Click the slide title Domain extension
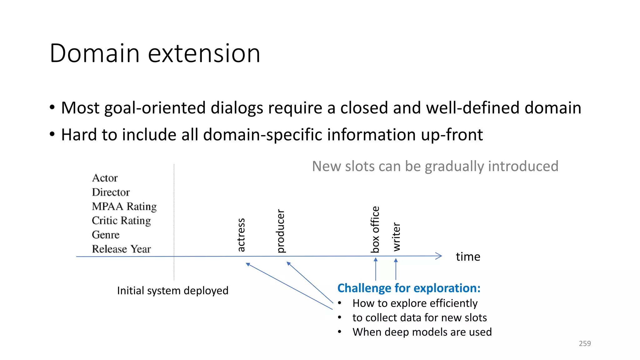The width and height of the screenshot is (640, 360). tap(155, 53)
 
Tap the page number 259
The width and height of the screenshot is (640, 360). tap(585, 343)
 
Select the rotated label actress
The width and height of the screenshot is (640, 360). tap(241, 235)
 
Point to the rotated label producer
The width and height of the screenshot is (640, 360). tap(281, 231)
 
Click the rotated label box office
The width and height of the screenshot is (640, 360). tap(375, 229)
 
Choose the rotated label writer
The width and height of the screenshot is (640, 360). tap(396, 237)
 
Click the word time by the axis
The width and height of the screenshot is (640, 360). tap(468, 257)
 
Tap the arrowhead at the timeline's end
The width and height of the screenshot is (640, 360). tap(439, 256)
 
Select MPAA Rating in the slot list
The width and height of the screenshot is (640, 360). tap(124, 207)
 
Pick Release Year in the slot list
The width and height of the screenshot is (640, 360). tap(121, 249)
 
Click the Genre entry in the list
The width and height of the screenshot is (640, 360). tap(106, 235)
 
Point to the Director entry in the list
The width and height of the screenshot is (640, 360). tap(111, 192)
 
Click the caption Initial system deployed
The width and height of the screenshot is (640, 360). tap(172, 291)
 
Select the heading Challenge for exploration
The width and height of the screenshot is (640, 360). tap(409, 288)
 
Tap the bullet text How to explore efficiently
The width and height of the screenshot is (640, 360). tap(415, 303)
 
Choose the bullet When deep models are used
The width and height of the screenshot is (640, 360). tap(422, 332)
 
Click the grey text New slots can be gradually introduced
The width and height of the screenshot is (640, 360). tap(435, 166)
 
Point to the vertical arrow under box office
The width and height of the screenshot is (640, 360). tap(376, 269)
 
